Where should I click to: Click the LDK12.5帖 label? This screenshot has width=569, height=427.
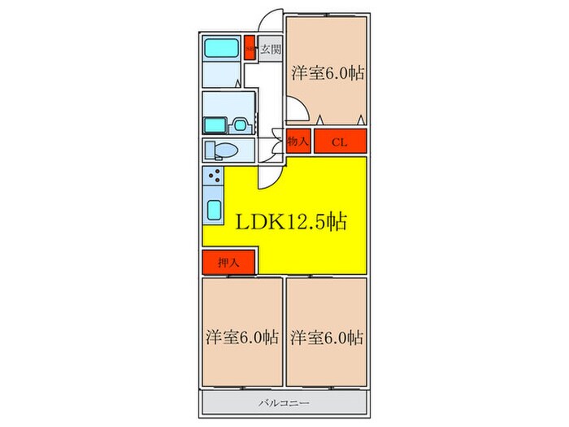[292, 221]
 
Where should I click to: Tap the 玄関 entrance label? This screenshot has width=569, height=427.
[270, 50]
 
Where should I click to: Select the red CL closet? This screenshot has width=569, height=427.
[341, 142]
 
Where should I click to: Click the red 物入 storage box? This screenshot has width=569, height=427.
[298, 142]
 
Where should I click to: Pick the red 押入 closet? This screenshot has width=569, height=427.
[229, 263]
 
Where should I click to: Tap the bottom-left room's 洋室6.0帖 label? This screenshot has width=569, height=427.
[241, 337]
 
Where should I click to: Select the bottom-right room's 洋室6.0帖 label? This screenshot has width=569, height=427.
[327, 337]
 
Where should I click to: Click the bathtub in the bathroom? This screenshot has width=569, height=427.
[220, 48]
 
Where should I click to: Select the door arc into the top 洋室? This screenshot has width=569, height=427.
[294, 109]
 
